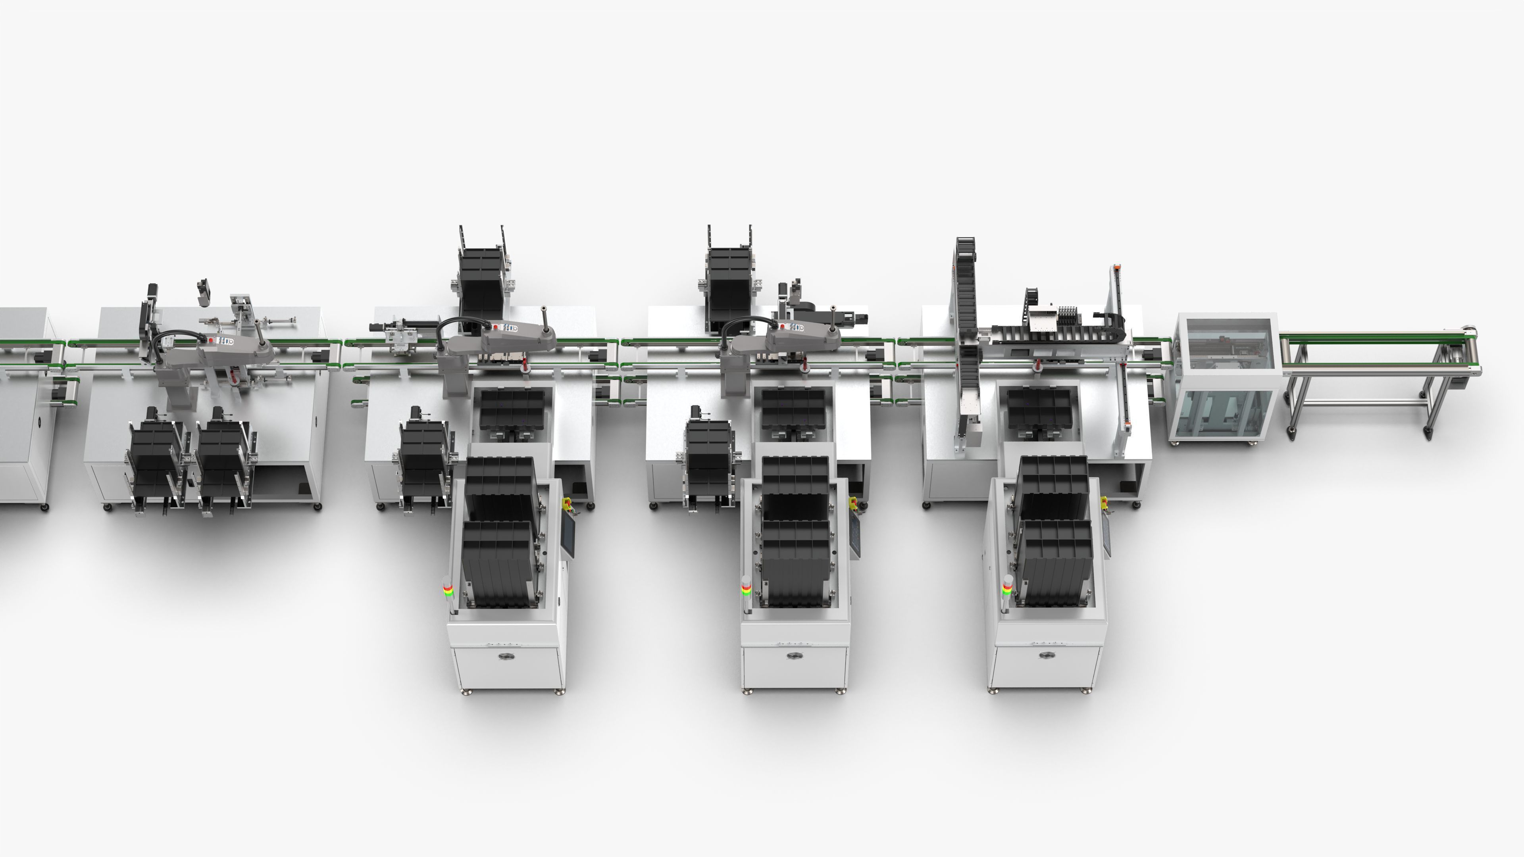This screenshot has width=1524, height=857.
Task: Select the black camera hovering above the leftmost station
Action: (x=204, y=292)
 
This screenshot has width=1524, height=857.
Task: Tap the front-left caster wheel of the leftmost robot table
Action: (x=107, y=507)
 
